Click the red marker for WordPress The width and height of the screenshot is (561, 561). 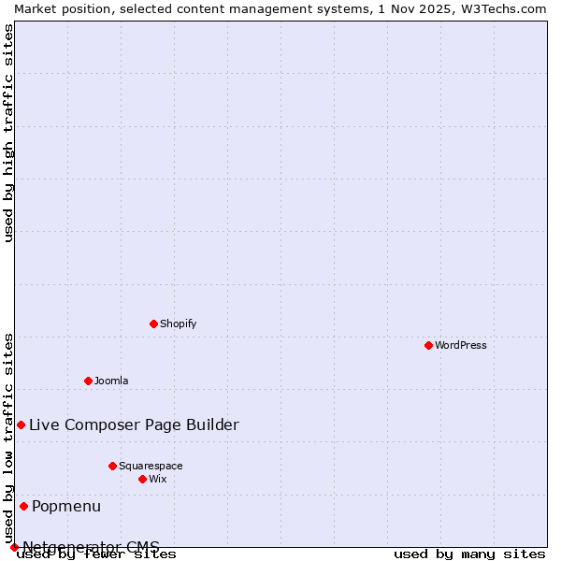428,345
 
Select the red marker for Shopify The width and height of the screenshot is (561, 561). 153,324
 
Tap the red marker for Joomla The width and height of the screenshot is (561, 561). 88,381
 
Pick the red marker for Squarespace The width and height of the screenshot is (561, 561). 112,466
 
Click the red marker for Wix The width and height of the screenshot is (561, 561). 142,479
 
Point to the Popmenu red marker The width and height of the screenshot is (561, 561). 23,506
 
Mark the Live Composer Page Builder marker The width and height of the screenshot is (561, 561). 21,424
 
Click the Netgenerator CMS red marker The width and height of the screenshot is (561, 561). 14,547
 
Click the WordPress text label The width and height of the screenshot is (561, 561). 461,345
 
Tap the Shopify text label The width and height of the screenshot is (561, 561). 178,324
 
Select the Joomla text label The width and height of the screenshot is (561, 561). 111,381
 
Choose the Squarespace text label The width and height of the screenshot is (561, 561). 151,466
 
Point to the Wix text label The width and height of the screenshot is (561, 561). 157,479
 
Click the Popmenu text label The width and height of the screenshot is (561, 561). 66,507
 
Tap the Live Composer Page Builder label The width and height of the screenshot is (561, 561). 134,425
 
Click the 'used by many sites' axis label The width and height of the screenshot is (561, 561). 469,554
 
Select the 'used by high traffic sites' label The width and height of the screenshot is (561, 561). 9,133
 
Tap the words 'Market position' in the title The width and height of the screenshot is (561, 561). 54,8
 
